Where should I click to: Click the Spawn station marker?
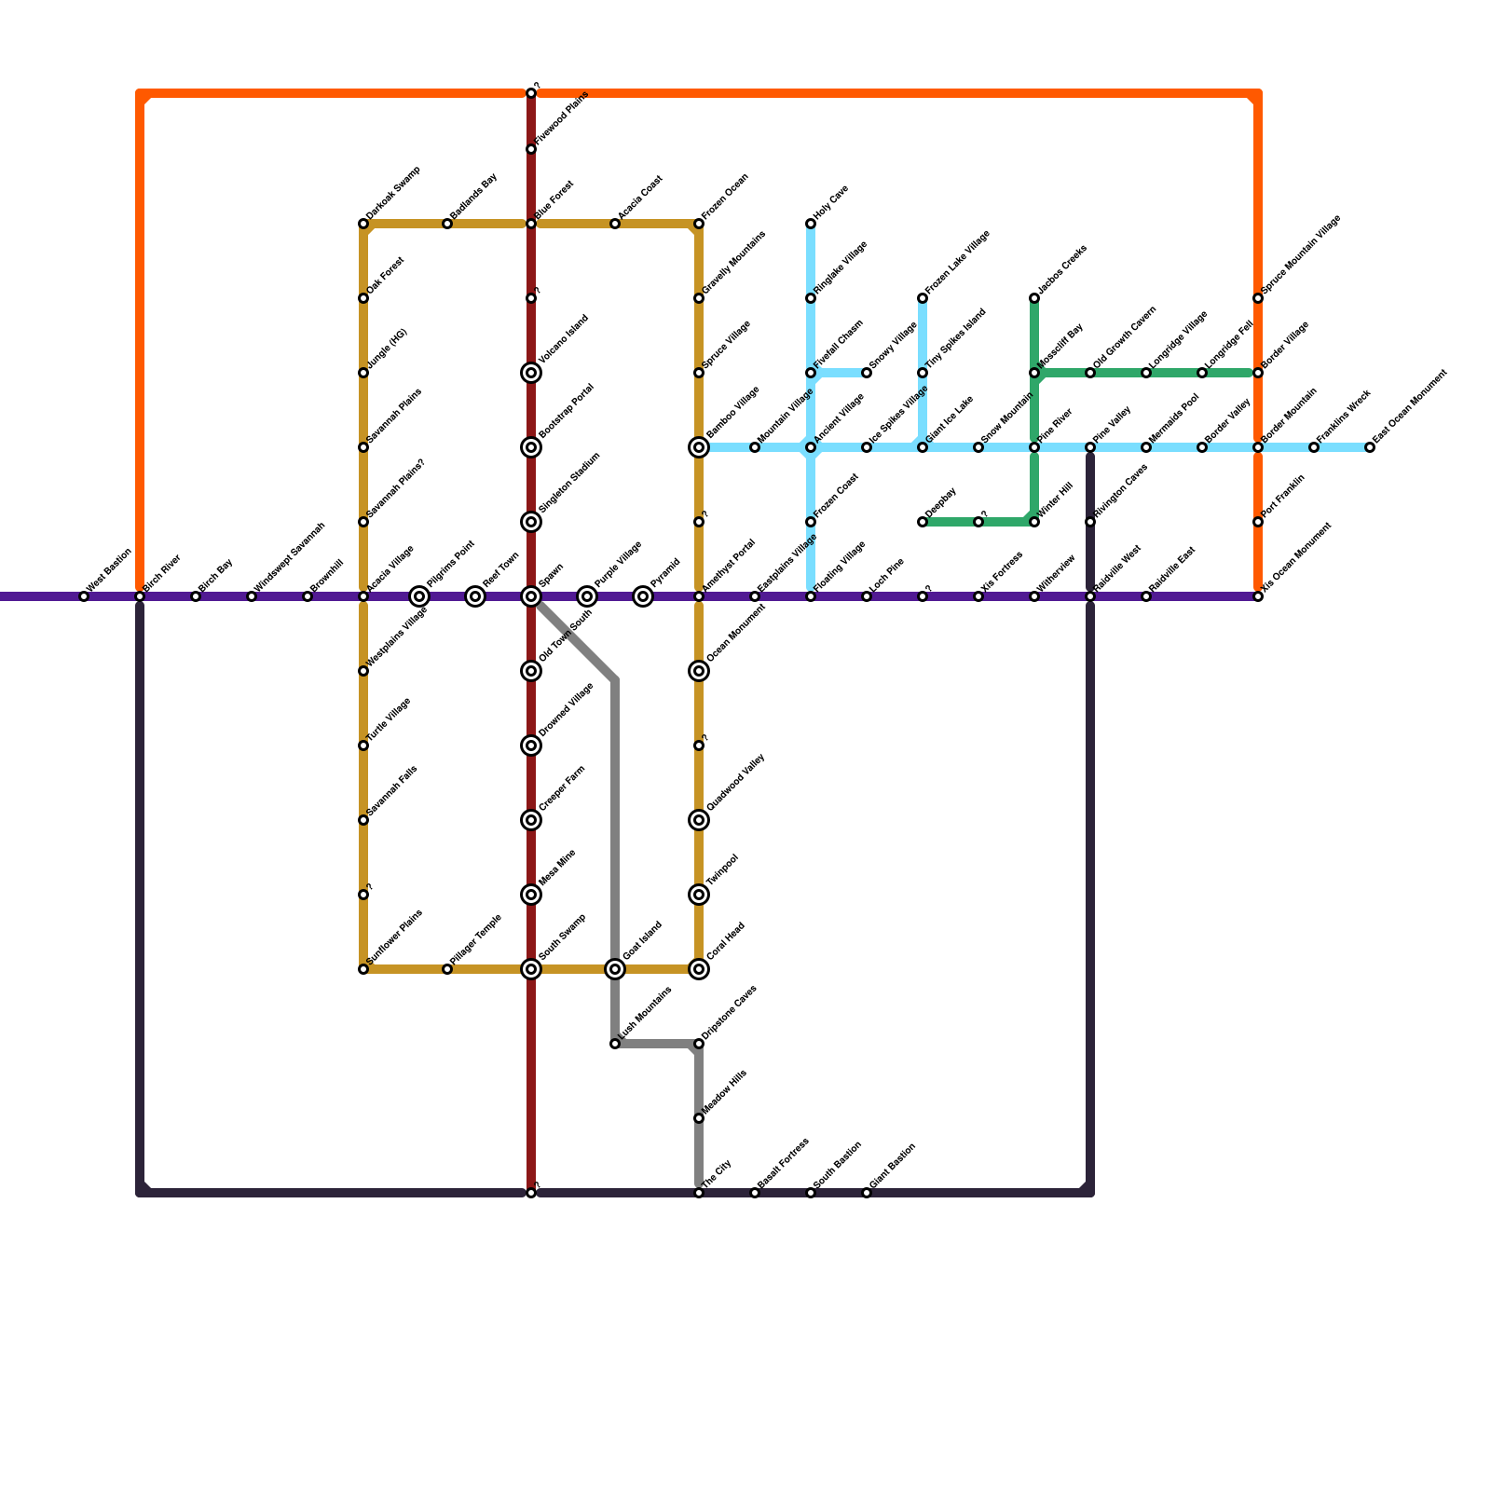[x=531, y=596]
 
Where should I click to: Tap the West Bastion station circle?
[x=84, y=596]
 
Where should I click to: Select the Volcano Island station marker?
[x=531, y=373]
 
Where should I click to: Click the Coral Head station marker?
[x=699, y=969]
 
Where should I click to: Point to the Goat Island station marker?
[x=615, y=969]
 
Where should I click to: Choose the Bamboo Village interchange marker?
[x=699, y=447]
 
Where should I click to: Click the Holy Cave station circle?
[x=811, y=224]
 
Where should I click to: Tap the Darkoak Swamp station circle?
[x=363, y=224]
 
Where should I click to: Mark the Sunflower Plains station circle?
[x=363, y=969]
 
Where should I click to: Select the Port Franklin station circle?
[x=1258, y=522]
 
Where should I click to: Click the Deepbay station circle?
[x=923, y=522]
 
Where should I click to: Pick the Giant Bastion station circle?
[x=867, y=1193]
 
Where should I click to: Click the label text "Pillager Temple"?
[x=476, y=939]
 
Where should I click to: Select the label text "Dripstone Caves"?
[x=730, y=1011]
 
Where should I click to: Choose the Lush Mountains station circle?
[x=615, y=1044]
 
